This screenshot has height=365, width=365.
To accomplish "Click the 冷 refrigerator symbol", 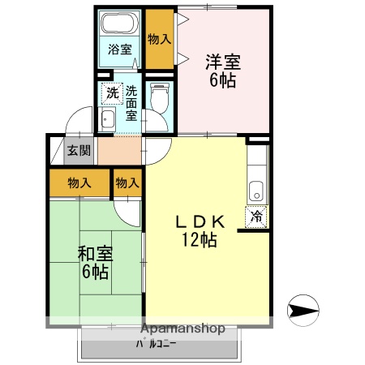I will (x=256, y=217).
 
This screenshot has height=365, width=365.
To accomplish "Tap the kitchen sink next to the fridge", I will (x=256, y=192).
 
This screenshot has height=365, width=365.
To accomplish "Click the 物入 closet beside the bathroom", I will (x=160, y=38).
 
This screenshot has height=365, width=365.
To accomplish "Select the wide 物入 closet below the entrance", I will (x=79, y=183).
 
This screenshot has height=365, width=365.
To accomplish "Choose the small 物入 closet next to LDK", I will (x=127, y=183).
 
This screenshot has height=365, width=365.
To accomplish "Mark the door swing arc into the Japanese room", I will (x=128, y=213).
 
